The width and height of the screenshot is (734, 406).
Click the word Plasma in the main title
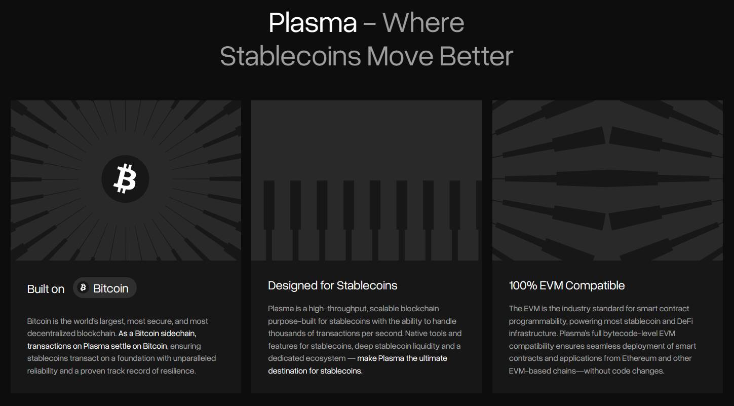click(x=313, y=23)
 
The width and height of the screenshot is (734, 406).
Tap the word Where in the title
click(x=423, y=23)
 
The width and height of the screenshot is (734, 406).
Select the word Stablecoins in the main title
click(x=290, y=56)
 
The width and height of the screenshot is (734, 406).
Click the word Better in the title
click(x=476, y=56)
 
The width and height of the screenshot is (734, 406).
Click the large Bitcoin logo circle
click(x=125, y=179)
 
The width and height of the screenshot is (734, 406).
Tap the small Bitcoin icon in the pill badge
click(x=83, y=287)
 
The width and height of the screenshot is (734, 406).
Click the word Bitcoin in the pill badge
click(x=111, y=288)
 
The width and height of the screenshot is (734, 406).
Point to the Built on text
click(x=46, y=289)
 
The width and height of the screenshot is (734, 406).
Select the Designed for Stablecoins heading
click(x=333, y=286)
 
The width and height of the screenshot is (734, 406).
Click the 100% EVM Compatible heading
click(x=566, y=286)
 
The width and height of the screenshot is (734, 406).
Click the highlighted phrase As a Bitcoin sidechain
click(x=157, y=334)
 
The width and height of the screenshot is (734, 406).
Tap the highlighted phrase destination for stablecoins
click(x=315, y=371)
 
